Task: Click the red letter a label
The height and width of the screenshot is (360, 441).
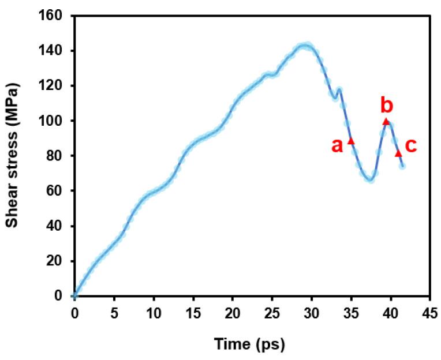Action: click(337, 145)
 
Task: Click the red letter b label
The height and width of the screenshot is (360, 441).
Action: click(387, 106)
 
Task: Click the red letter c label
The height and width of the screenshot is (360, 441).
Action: click(410, 146)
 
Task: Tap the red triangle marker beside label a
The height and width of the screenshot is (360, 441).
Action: click(351, 140)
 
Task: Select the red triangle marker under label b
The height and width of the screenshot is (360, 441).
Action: click(386, 121)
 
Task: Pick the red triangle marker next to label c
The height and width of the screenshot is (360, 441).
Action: click(398, 153)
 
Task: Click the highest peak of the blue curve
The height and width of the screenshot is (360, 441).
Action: click(306, 45)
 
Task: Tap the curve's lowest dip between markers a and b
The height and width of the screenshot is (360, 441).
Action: click(371, 179)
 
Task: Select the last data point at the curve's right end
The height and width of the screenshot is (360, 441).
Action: click(402, 166)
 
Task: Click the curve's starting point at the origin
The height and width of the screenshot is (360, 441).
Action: click(74, 295)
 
